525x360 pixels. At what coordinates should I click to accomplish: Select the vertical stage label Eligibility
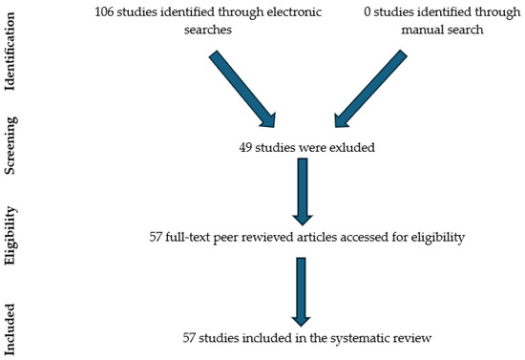11,237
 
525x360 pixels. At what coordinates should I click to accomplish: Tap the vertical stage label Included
11,328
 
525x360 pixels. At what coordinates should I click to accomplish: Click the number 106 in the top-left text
107,11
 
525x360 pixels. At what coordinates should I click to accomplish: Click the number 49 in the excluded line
246,148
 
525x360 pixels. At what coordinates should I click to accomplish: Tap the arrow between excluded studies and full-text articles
303,191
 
